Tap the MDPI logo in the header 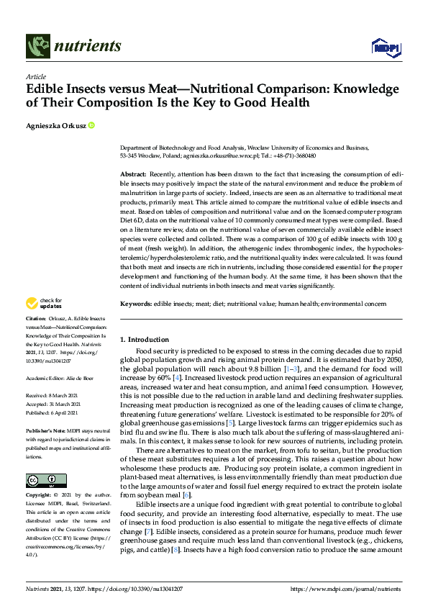[x=385, y=47]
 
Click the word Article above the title [x=35, y=76]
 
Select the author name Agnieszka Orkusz [x=55, y=127]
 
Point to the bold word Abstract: [x=133, y=175]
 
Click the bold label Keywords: [x=136, y=305]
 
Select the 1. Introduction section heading [x=145, y=339]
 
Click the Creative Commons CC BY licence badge [x=41, y=479]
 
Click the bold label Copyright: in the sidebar [x=38, y=497]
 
